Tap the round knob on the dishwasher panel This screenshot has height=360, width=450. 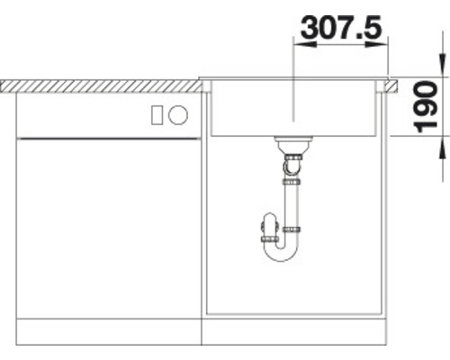[x=178, y=114]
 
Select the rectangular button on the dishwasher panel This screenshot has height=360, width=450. [x=157, y=114]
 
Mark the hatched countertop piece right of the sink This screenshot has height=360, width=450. [x=393, y=85]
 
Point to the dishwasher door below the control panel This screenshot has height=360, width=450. [x=108, y=225]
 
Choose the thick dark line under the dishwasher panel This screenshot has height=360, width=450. [x=108, y=138]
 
